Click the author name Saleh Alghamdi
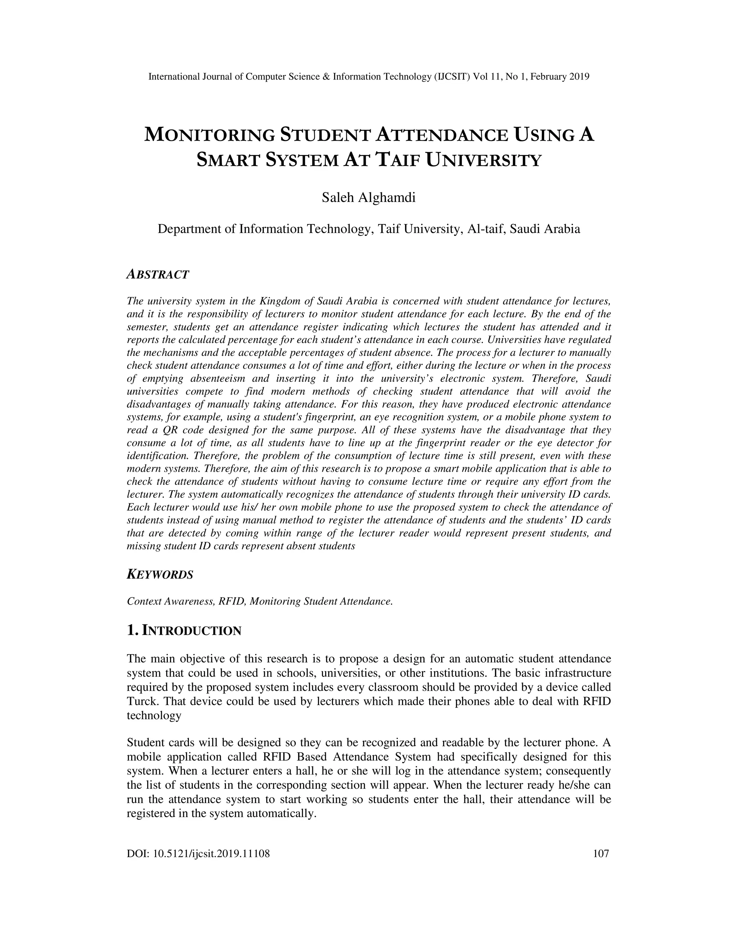(369, 198)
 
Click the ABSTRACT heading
(158, 274)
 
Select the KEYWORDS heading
(160, 575)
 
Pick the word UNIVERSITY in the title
(483, 160)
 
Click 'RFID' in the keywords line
(231, 601)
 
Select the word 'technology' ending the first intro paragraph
(154, 715)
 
